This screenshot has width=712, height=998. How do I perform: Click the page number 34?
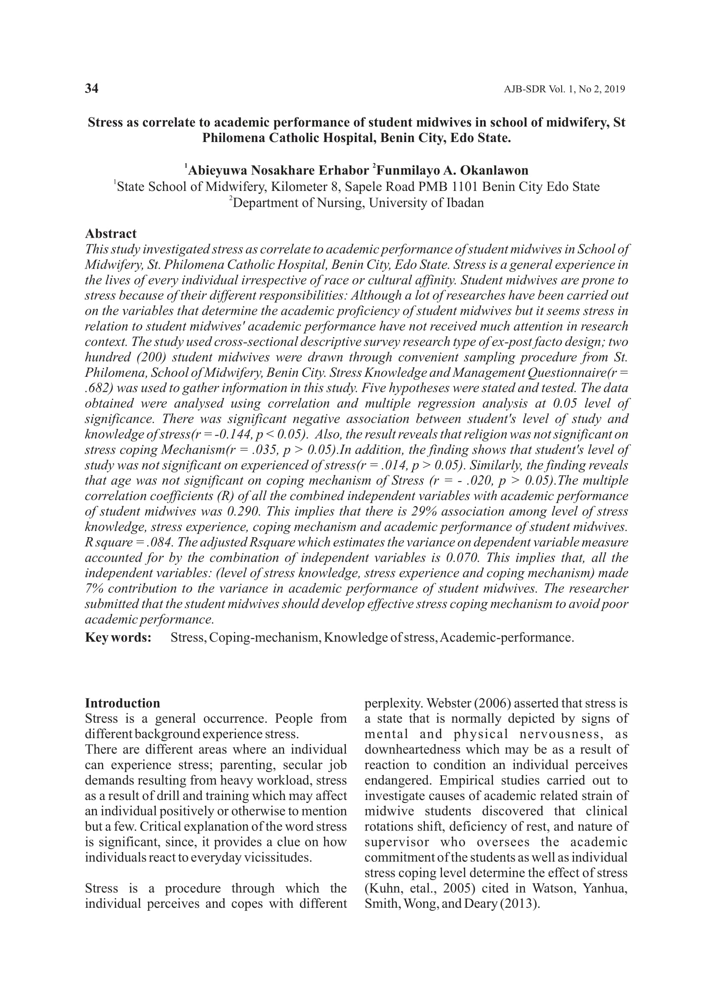click(x=92, y=89)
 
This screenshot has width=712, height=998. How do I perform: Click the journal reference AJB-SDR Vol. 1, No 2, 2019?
click(x=564, y=89)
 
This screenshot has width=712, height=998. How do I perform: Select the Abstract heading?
click(x=110, y=233)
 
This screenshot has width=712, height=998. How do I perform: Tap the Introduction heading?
click(x=122, y=703)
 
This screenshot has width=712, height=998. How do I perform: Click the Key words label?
click(x=118, y=637)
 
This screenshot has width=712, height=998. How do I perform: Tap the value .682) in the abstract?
click(x=99, y=389)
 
